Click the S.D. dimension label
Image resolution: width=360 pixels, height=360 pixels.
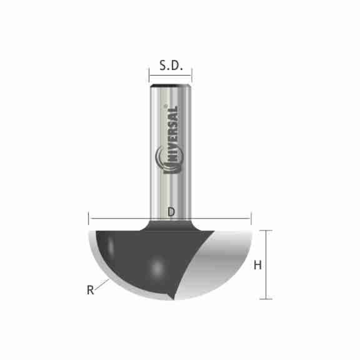[x=171, y=66]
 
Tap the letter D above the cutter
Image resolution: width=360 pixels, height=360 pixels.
[x=171, y=211]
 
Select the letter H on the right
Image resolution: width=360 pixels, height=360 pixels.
[x=257, y=265]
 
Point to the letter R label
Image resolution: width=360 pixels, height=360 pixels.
[x=90, y=290]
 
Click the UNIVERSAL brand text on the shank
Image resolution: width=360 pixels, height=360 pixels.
[x=171, y=135]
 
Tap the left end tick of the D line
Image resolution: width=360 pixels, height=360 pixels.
[x=89, y=219]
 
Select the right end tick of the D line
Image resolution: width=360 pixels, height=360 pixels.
[x=251, y=219]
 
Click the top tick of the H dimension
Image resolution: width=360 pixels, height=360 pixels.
[x=266, y=230]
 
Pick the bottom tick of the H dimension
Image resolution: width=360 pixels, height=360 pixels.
[x=266, y=299]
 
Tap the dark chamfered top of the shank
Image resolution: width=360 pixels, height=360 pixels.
[x=171, y=84]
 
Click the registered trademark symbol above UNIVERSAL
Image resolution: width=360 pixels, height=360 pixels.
[x=166, y=105]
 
